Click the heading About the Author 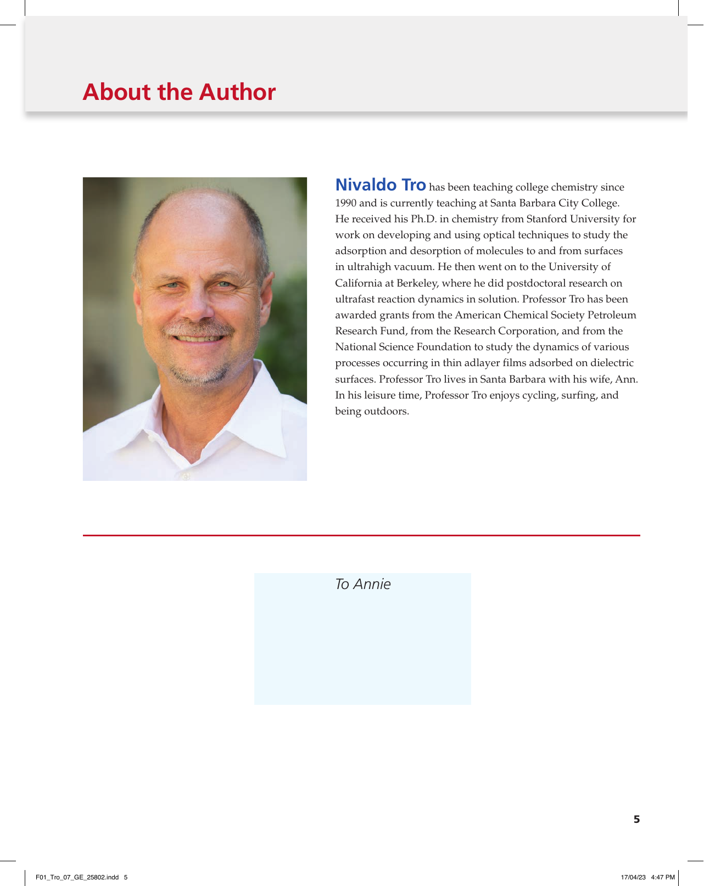pyautogui.click(x=179, y=92)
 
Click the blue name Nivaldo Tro pyautogui.click(x=381, y=185)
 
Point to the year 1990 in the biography pyautogui.click(x=346, y=203)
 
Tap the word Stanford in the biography pyautogui.click(x=546, y=219)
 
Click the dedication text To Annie pyautogui.click(x=362, y=584)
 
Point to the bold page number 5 pyautogui.click(x=636, y=820)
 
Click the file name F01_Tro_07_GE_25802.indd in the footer pyautogui.click(x=77, y=877)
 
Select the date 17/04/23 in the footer pyautogui.click(x=633, y=877)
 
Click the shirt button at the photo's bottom pyautogui.click(x=185, y=475)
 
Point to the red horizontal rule pyautogui.click(x=361, y=535)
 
